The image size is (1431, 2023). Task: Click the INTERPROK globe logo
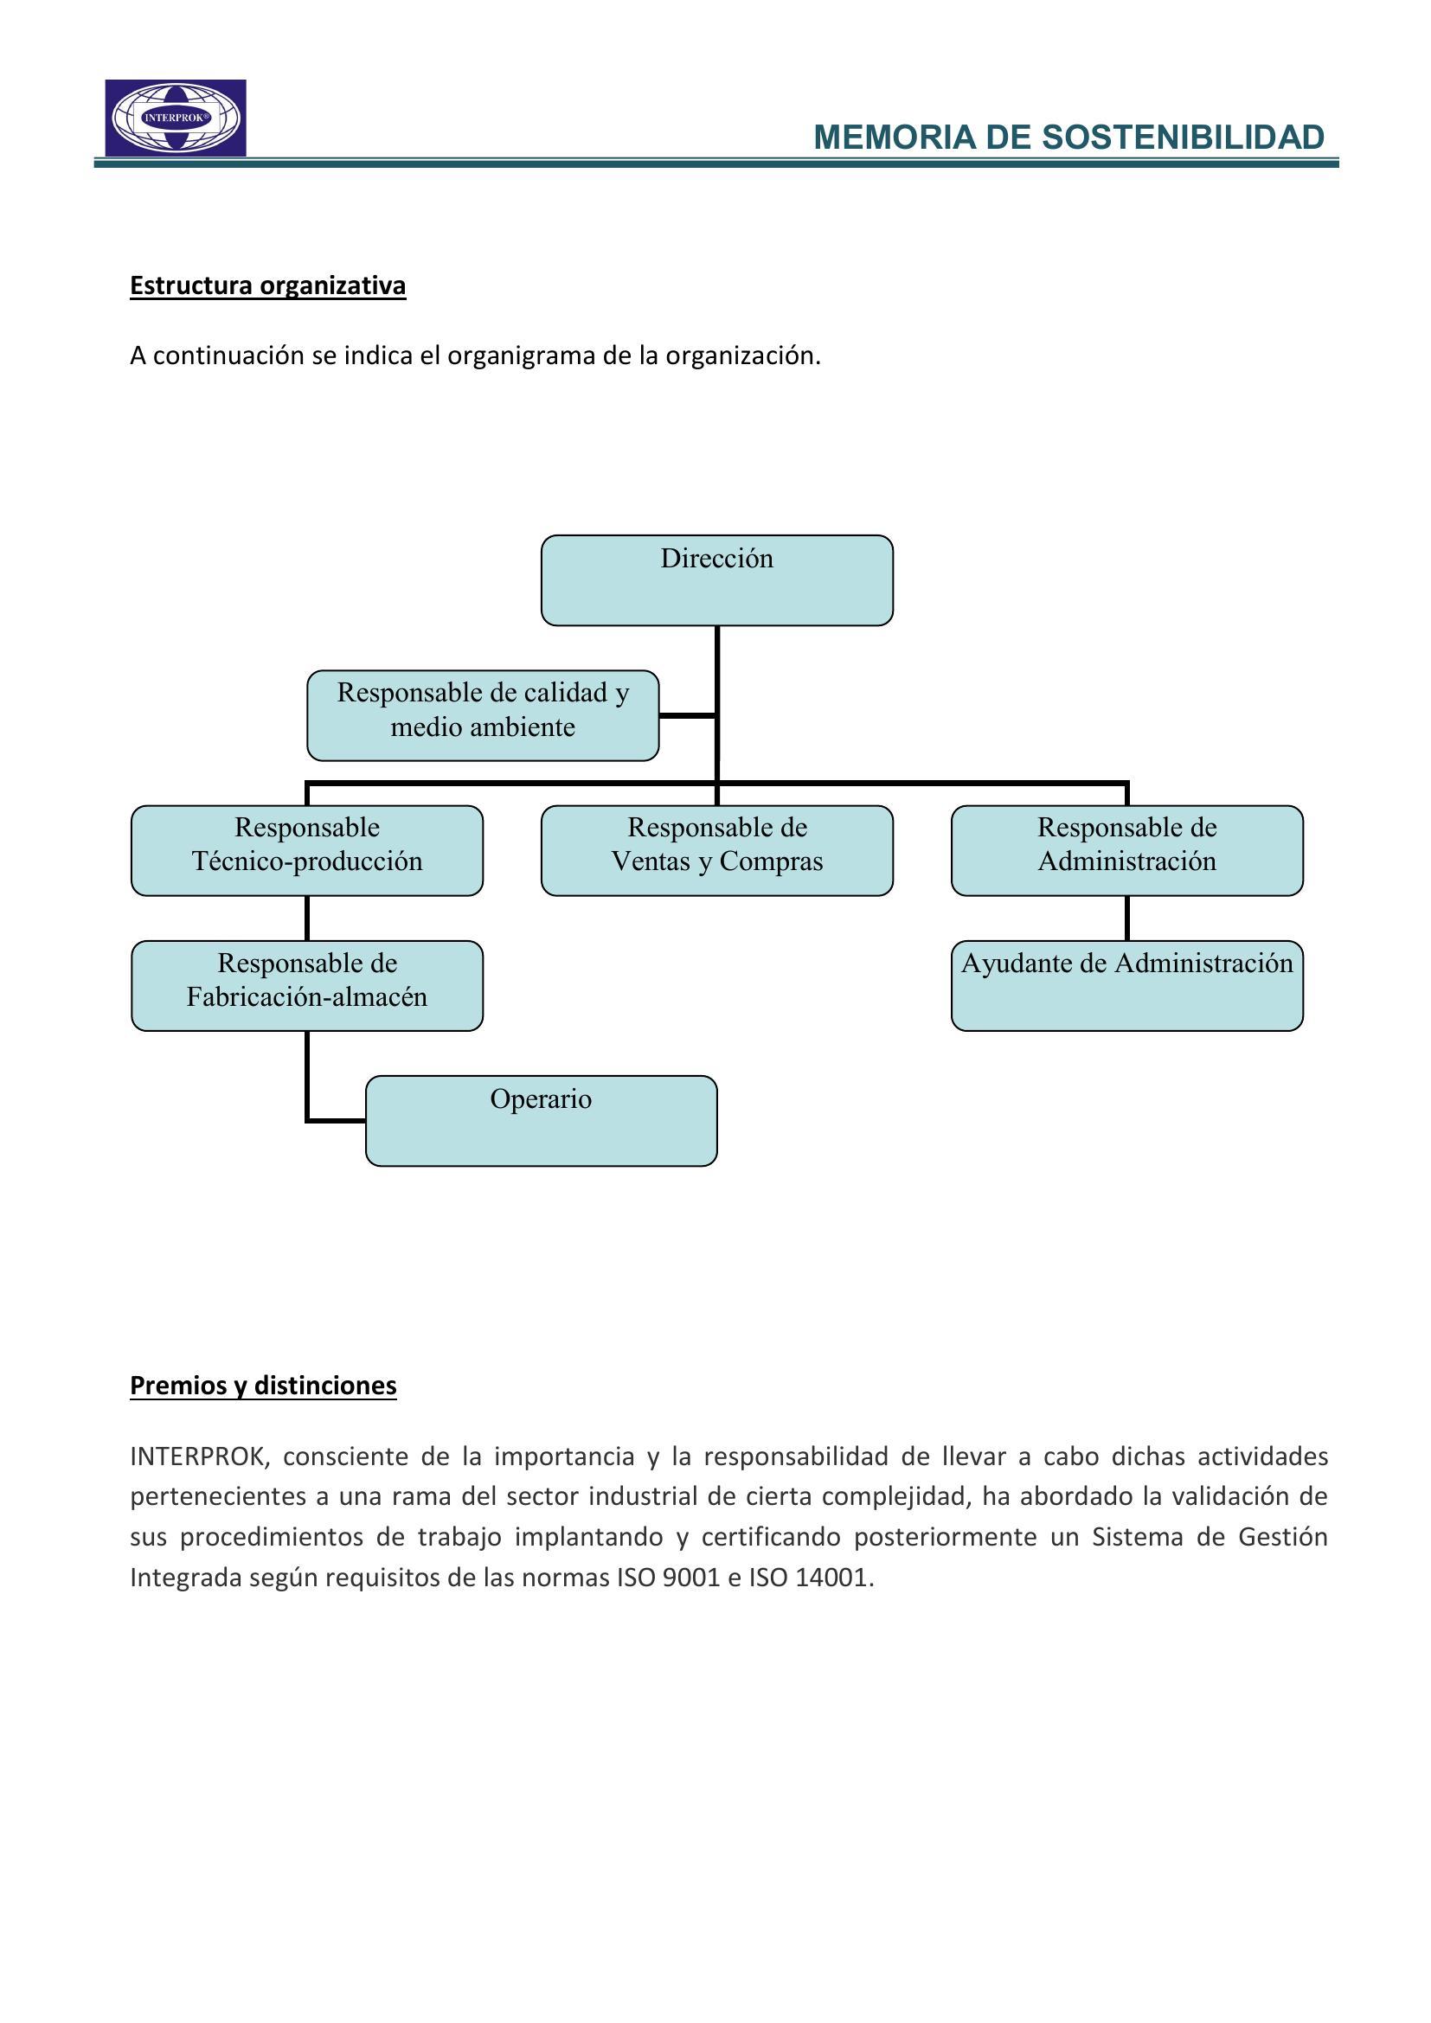pyautogui.click(x=176, y=118)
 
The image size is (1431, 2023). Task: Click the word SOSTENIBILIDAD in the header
pyautogui.click(x=1183, y=138)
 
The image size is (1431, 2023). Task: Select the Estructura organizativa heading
pyautogui.click(x=268, y=285)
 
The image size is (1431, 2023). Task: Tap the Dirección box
pyautogui.click(x=716, y=579)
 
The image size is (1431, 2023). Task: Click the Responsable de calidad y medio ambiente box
pyautogui.click(x=483, y=714)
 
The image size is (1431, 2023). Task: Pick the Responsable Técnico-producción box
pyautogui.click(x=306, y=850)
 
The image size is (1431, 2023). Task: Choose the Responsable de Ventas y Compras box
pyautogui.click(x=716, y=850)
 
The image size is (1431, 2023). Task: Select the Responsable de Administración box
pyautogui.click(x=1126, y=850)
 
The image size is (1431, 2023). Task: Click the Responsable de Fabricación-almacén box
pyautogui.click(x=306, y=985)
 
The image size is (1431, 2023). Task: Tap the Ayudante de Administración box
pyautogui.click(x=1126, y=985)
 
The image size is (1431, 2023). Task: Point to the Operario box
pyautogui.click(x=541, y=1121)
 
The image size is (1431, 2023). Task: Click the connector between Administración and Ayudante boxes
pyautogui.click(x=1127, y=919)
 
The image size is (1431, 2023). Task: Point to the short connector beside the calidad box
pyautogui.click(x=687, y=715)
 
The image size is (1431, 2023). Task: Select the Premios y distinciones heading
pyautogui.click(x=264, y=1385)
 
